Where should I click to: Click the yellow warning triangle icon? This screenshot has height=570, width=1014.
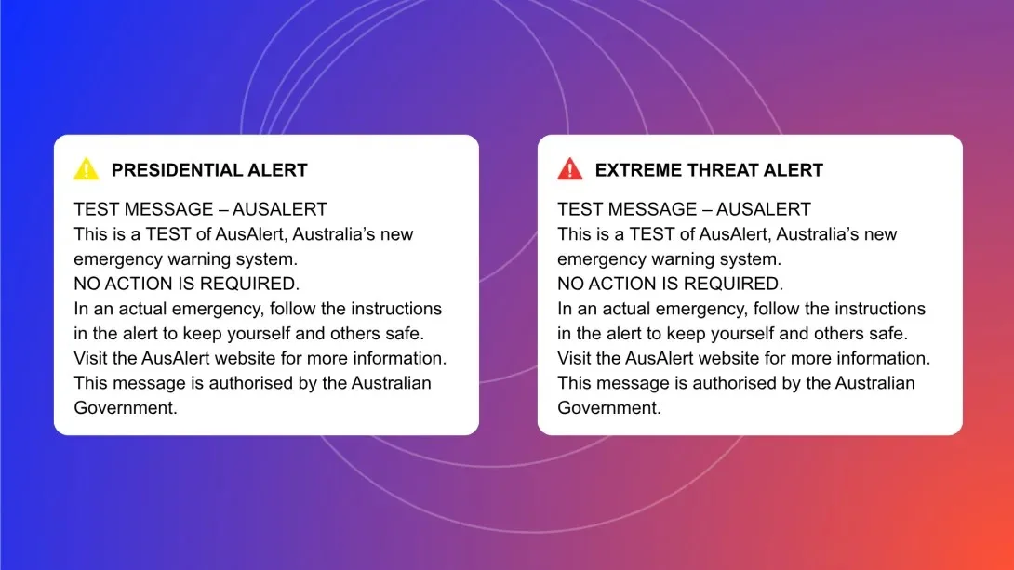coord(86,169)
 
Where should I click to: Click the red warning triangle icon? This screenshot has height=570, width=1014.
coord(569,169)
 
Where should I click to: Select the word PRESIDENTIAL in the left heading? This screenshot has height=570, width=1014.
coord(170,170)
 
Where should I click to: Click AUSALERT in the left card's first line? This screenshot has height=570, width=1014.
coord(280,209)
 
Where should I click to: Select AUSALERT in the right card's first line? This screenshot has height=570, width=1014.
coord(764,209)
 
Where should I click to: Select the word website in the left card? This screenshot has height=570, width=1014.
coord(258,358)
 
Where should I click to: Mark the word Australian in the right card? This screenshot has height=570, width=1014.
coord(875,383)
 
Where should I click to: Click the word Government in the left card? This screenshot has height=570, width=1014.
coord(126,408)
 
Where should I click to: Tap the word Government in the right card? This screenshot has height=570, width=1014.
coord(609,408)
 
